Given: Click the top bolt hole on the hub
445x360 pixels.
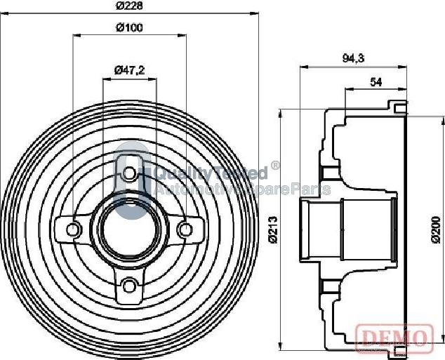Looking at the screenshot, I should (129, 173).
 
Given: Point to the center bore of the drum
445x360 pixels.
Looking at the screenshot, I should (129, 229).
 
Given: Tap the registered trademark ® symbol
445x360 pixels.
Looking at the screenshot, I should (275, 166).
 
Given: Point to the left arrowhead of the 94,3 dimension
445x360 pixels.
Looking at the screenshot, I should (303, 68).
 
